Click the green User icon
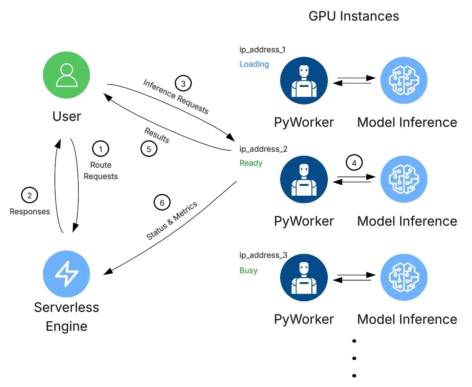(x=66, y=75)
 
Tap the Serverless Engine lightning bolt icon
(x=66, y=274)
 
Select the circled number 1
(x=101, y=149)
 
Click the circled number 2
(x=30, y=195)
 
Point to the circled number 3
(x=183, y=83)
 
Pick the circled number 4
(x=354, y=163)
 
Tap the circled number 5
(x=149, y=149)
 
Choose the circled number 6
(x=162, y=203)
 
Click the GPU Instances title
(x=353, y=16)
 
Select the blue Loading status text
(x=254, y=64)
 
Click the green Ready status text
(x=251, y=163)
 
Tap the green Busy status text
(x=248, y=270)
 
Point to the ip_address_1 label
(x=262, y=50)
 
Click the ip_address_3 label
(x=263, y=255)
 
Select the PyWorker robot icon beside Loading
(x=304, y=81)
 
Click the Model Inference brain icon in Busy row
(x=404, y=277)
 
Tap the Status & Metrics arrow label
(x=172, y=221)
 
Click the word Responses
(x=30, y=212)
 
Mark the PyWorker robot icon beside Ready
(x=304, y=180)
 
